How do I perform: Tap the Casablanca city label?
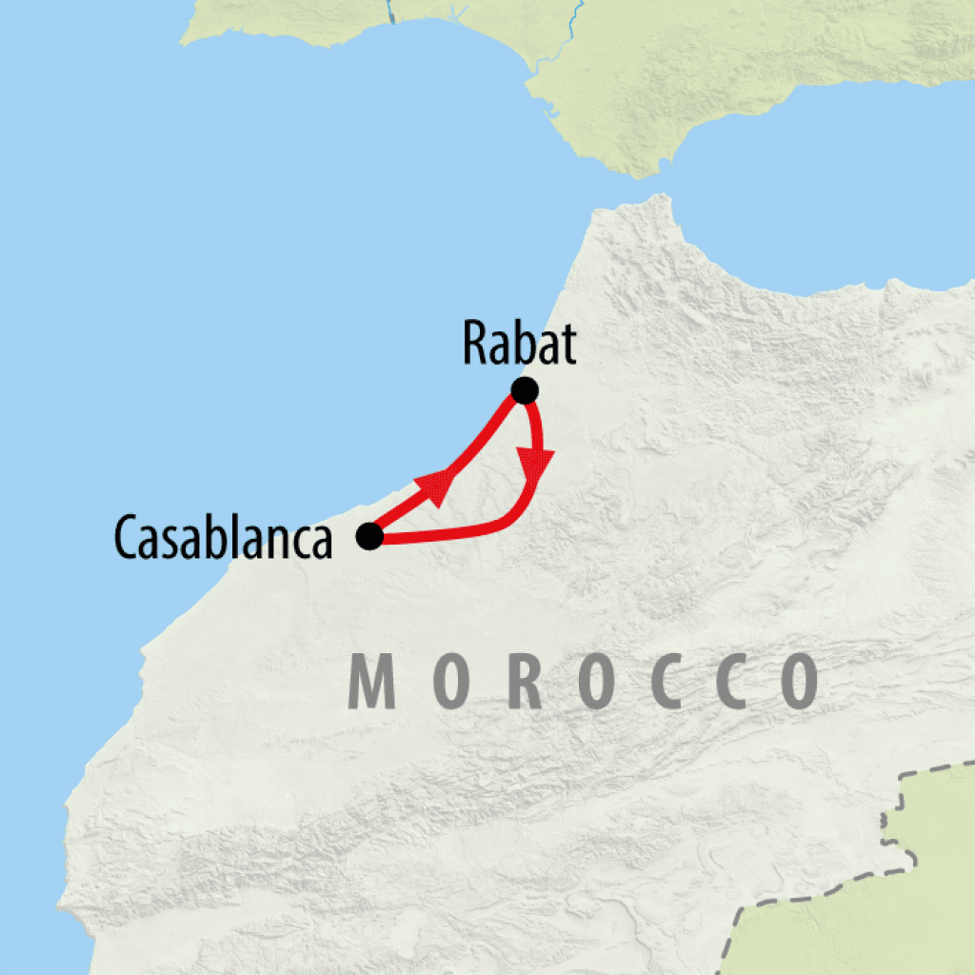click(224, 538)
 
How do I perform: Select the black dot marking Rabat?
click(525, 390)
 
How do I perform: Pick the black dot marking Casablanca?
click(369, 537)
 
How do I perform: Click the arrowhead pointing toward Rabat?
click(436, 486)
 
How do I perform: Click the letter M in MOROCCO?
click(372, 681)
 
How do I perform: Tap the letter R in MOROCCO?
click(526, 681)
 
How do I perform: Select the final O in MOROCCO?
click(796, 681)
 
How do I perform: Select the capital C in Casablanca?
click(127, 538)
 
